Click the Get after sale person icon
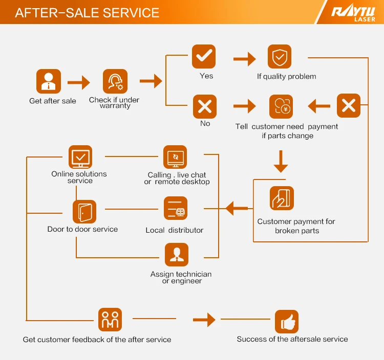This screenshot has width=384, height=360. [49, 81]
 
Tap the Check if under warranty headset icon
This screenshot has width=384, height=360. [115, 81]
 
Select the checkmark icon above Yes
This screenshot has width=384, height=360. [204, 57]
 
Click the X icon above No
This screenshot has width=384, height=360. [204, 106]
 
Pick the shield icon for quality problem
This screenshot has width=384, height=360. [280, 57]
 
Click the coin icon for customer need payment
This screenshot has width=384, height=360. [281, 106]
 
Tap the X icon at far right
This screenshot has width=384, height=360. [349, 106]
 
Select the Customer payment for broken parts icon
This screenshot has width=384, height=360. [282, 198]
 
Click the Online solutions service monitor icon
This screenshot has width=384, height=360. [80, 156]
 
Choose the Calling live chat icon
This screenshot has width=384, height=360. [175, 157]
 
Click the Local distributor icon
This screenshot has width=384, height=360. [176, 209]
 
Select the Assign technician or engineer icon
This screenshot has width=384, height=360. [177, 255]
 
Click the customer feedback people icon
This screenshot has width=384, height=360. [110, 320]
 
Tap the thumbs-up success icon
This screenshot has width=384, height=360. [287, 322]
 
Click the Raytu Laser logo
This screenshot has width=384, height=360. [353, 13]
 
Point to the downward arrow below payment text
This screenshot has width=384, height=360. [281, 161]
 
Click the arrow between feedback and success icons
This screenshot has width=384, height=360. [204, 320]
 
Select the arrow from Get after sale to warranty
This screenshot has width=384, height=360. [78, 81]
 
